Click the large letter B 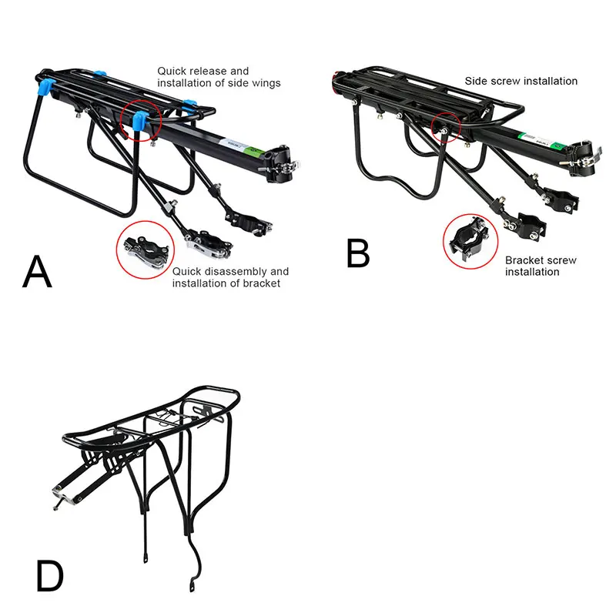coord(358,253)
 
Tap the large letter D coord(50,576)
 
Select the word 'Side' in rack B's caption coord(476,81)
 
